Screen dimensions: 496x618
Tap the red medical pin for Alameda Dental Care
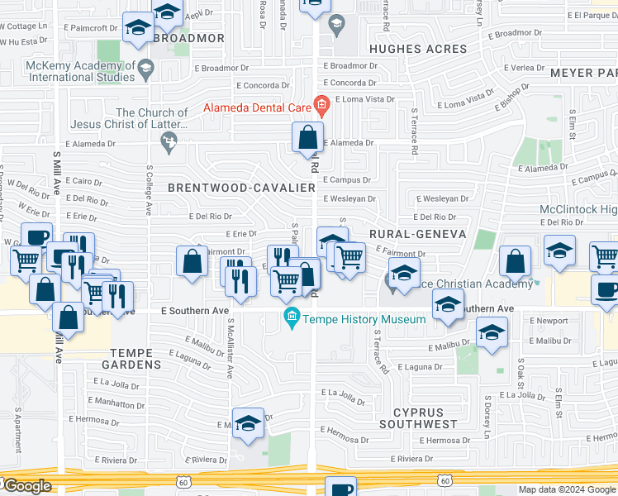tap(321, 105)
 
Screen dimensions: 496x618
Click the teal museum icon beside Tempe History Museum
tap(291, 317)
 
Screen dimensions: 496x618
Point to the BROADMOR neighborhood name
tap(189, 38)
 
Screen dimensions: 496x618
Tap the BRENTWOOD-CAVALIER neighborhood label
tap(241, 188)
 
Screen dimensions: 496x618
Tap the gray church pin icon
tap(169, 145)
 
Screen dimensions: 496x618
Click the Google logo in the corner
tap(27, 486)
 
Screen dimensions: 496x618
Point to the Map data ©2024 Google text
tap(567, 489)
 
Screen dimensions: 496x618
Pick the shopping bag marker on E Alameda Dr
tap(308, 137)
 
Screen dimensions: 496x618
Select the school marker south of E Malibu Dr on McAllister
tap(248, 424)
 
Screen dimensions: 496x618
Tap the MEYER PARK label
tap(582, 73)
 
